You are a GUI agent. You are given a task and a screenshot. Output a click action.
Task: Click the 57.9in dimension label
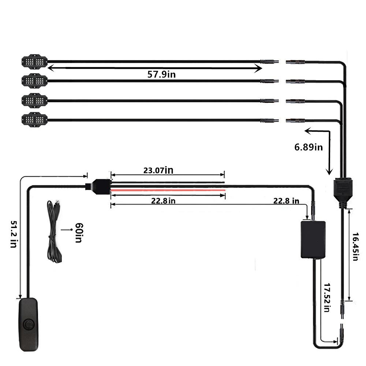click(x=161, y=74)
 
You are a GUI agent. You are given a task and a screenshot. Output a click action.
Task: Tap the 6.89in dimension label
click(x=308, y=147)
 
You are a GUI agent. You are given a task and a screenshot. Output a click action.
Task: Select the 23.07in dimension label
click(x=158, y=170)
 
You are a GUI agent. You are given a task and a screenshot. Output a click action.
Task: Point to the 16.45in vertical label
click(x=355, y=246)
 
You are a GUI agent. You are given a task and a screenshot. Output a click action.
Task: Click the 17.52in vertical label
click(x=327, y=298)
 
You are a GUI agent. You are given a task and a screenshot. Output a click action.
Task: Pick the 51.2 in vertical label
click(x=14, y=234)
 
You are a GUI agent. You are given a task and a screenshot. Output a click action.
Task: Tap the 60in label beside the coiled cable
click(x=79, y=233)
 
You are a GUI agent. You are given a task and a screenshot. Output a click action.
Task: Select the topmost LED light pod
click(x=34, y=62)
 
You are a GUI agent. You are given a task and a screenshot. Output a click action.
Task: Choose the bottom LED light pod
click(x=34, y=120)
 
